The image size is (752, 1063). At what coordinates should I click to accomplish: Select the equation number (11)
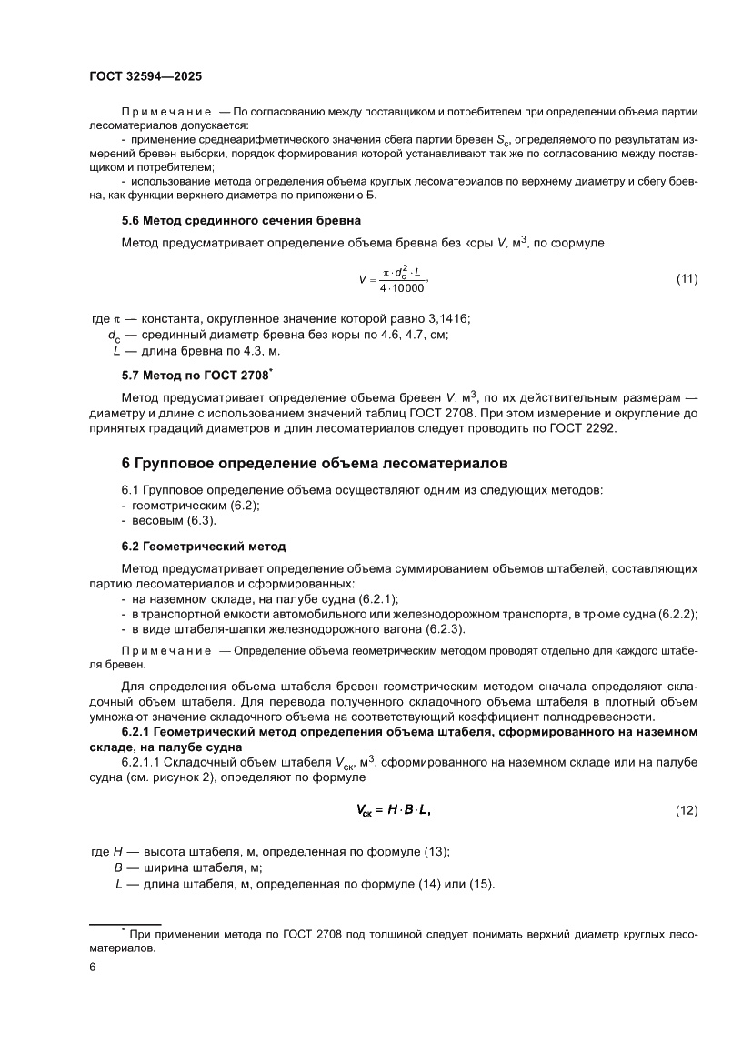(x=687, y=278)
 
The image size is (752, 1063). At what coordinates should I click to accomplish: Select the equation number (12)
(x=687, y=810)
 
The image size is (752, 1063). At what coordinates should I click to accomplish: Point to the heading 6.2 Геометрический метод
(x=204, y=547)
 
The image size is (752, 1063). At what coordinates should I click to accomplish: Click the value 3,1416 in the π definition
(x=446, y=317)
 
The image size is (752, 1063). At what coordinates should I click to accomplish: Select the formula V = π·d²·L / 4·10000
(x=393, y=279)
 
